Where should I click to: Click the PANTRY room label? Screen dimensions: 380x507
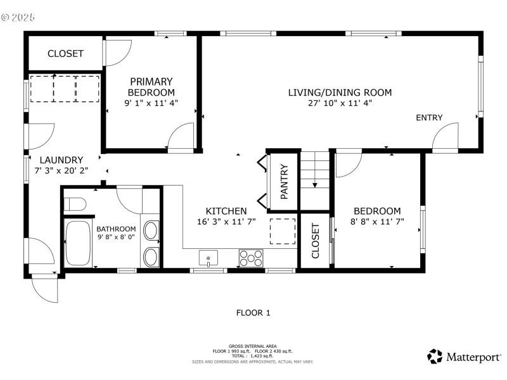click(284, 182)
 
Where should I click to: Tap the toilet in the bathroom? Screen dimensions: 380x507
click(75, 205)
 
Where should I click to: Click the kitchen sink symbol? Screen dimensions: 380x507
click(208, 258)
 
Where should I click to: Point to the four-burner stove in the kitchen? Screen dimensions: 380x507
click(251, 258)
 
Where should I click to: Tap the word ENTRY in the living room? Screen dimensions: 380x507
click(429, 118)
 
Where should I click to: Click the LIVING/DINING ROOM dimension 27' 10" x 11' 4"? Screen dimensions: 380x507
click(340, 103)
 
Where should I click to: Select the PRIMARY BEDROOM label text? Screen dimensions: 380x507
click(151, 87)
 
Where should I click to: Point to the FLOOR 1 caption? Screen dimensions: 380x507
click(253, 312)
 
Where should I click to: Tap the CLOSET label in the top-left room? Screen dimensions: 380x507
click(65, 54)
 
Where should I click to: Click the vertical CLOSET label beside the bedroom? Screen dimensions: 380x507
click(315, 241)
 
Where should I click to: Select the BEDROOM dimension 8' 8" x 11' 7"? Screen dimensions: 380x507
click(377, 222)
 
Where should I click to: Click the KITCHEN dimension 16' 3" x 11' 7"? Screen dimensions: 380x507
click(226, 222)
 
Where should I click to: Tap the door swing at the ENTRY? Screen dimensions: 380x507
click(445, 136)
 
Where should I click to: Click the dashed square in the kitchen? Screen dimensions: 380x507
click(283, 231)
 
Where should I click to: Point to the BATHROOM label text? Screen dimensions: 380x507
click(116, 229)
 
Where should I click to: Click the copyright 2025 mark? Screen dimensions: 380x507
click(18, 17)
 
